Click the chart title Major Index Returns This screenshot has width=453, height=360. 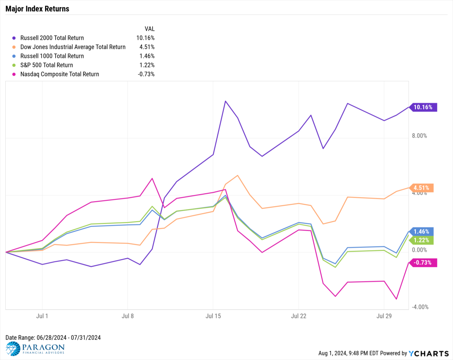click(37, 9)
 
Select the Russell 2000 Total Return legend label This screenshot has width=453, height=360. click(52, 38)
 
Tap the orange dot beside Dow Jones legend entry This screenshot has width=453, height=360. click(14, 47)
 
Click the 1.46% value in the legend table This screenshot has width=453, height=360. click(147, 56)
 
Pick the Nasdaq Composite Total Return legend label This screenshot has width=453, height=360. click(60, 74)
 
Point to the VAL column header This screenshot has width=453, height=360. click(150, 29)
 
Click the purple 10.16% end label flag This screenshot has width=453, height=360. click(423, 107)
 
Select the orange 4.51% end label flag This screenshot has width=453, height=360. click(422, 188)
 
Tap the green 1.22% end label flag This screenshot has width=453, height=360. click(422, 240)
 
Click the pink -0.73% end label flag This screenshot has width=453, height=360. click(423, 263)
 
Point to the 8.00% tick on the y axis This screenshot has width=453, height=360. click(419, 136)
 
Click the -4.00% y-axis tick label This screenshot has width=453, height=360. click(420, 307)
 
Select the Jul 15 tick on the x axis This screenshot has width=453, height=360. click(213, 316)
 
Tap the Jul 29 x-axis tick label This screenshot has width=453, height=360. click(384, 316)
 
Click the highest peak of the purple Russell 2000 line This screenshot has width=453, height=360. click(225, 101)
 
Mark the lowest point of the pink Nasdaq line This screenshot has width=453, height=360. click(396, 299)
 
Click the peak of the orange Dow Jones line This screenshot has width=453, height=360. click(238, 176)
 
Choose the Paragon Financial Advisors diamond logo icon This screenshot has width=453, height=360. click(13, 349)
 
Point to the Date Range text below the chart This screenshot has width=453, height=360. click(53, 337)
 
